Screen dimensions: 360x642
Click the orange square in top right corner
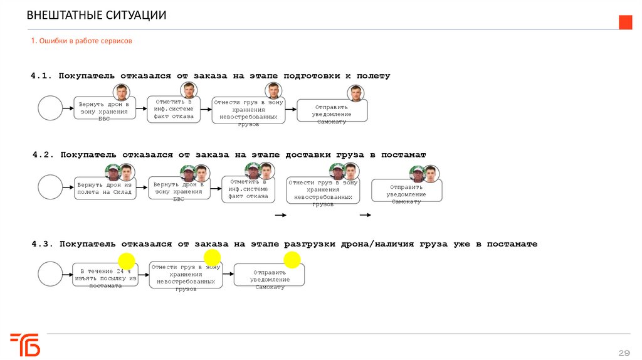[x=625, y=22]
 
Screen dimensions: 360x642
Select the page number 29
[x=624, y=351]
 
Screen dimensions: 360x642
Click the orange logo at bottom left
[x=25, y=344]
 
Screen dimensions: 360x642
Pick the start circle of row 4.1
[x=50, y=108]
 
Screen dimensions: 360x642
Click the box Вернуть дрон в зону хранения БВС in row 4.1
[x=104, y=110]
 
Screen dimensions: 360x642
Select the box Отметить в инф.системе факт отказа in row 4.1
[x=174, y=108]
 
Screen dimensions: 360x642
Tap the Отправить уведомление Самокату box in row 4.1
[x=332, y=111]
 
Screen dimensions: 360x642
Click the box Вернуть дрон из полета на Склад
[x=105, y=188]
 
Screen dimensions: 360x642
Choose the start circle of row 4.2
[x=50, y=188]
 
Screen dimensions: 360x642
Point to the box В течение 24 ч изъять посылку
[x=105, y=275]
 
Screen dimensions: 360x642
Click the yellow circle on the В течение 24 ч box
[x=127, y=261]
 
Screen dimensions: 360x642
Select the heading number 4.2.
[x=45, y=154]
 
